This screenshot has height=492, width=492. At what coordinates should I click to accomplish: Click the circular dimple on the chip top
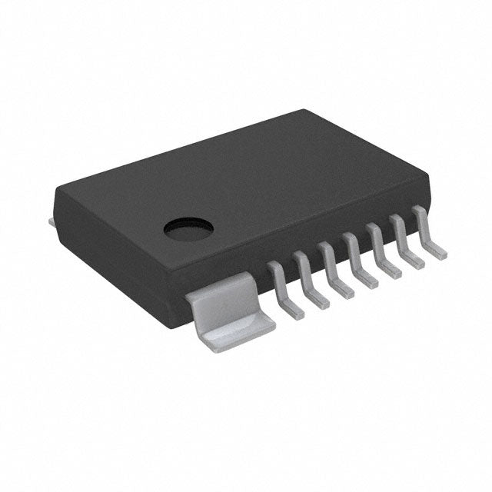coord(188,227)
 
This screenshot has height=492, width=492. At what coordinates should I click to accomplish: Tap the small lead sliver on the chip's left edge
coord(51,221)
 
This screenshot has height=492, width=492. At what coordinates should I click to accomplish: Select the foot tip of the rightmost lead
coord(437,253)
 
